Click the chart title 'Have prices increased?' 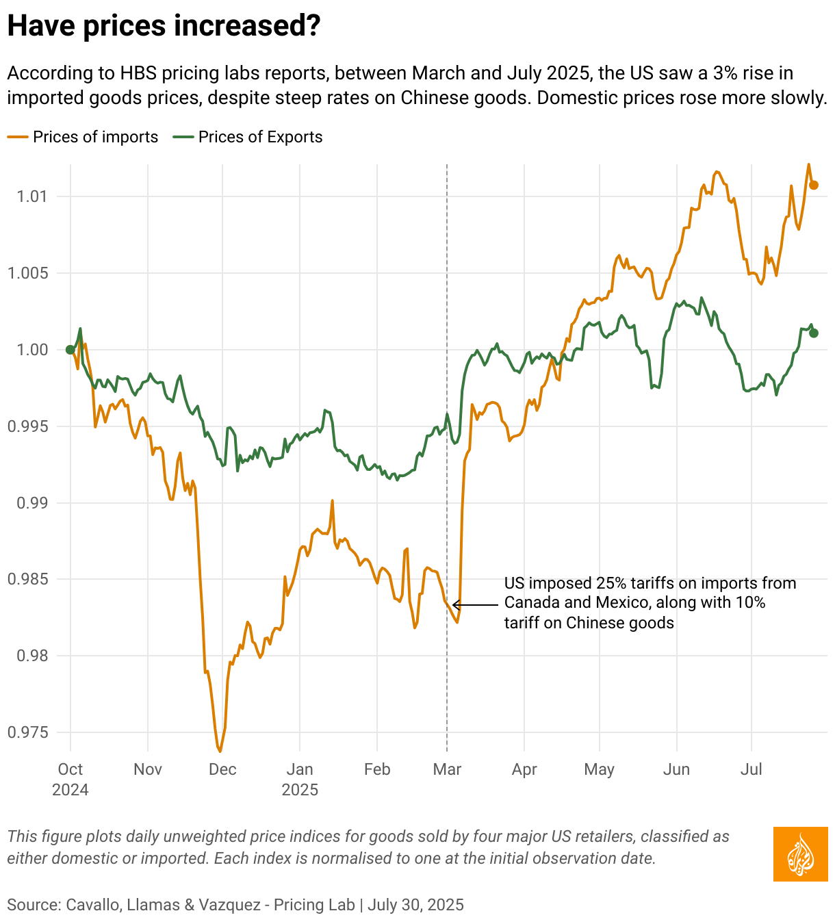(164, 26)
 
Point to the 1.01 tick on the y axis (31, 197)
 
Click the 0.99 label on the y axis (31, 503)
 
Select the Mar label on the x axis (447, 769)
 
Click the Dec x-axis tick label (222, 769)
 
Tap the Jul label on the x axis (751, 769)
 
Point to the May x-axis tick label (599, 769)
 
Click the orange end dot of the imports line (814, 185)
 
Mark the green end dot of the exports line (814, 333)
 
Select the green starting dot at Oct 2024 (70, 350)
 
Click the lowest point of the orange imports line (220, 751)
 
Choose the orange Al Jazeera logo (800, 854)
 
